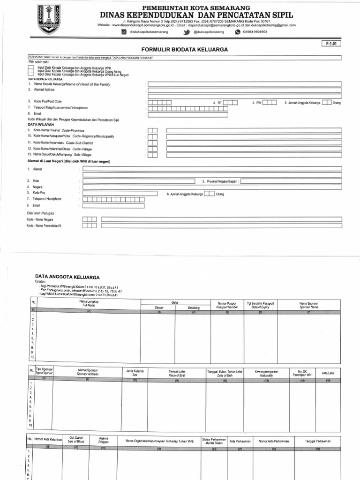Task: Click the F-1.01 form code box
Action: point(331,44)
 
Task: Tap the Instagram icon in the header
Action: point(124,32)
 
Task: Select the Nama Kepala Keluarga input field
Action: point(244,84)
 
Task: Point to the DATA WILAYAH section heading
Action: point(41,125)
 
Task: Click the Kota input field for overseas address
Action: point(139,181)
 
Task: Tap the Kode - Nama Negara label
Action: point(40,219)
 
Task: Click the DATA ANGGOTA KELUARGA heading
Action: point(67,277)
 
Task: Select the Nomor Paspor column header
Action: point(227,305)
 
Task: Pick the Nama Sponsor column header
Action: point(308,305)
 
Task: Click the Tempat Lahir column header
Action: point(177,373)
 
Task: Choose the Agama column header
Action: point(103,441)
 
